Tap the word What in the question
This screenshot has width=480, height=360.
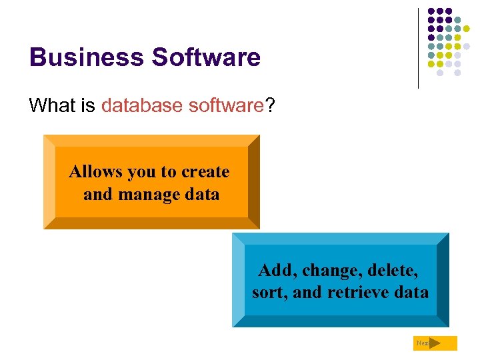click(53, 105)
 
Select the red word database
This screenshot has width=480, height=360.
click(142, 105)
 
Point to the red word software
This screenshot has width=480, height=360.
click(226, 105)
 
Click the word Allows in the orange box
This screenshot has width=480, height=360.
click(95, 172)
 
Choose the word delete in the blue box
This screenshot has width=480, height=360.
click(395, 270)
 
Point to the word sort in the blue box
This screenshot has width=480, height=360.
click(269, 293)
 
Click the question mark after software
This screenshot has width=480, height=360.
click(270, 105)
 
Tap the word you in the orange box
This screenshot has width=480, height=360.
click(141, 173)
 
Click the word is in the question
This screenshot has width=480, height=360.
click(88, 105)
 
